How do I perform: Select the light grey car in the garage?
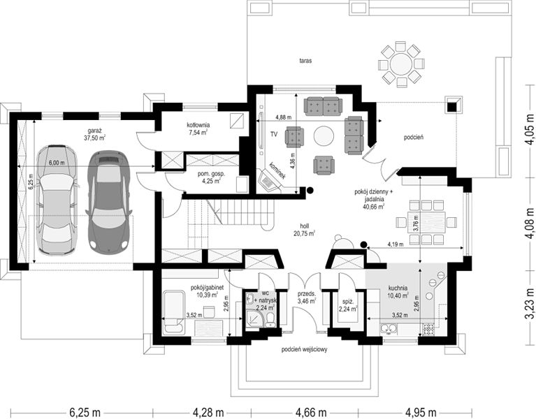point(57,200)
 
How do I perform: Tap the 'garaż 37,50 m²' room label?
point(94,134)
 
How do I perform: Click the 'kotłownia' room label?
point(198,125)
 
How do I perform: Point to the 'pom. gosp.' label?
point(211,174)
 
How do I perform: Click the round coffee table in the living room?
point(324,136)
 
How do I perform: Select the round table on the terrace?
point(401,64)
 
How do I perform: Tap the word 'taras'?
point(305,61)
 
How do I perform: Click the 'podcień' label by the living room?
point(414,138)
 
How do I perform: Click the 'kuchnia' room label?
point(398,288)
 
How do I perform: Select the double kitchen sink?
point(389,328)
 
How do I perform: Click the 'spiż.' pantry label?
point(347,302)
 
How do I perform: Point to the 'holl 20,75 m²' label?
point(304,230)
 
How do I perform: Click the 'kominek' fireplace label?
point(277,170)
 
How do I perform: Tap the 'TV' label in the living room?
point(274,135)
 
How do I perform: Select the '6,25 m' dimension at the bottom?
point(85,412)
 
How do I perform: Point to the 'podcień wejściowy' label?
point(304,349)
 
